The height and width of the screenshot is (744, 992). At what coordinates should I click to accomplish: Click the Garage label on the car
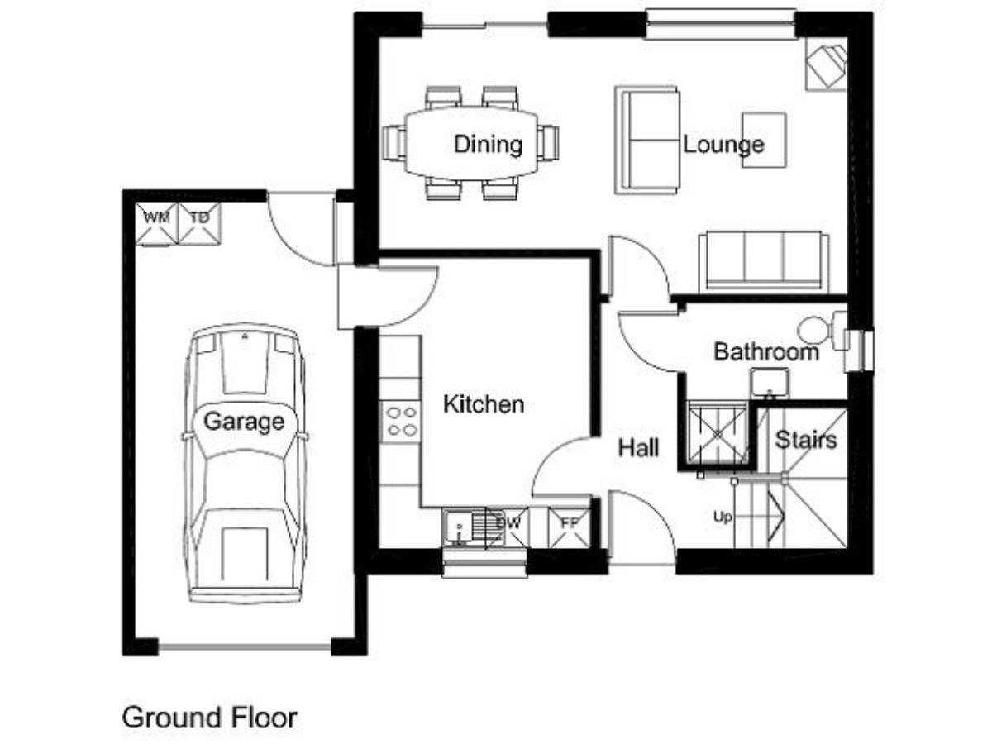(244, 422)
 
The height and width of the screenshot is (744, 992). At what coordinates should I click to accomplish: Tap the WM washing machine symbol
(157, 224)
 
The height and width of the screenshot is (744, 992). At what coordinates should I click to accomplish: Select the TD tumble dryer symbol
(200, 224)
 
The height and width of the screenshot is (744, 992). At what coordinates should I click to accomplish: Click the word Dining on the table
(488, 145)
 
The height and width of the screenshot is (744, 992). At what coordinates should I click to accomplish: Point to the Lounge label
(724, 145)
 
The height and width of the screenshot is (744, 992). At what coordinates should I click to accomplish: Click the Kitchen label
(484, 404)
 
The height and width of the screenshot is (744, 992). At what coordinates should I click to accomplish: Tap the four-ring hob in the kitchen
(401, 422)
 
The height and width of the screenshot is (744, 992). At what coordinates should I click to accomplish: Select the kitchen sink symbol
(473, 527)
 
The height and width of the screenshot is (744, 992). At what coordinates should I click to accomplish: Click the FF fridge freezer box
(570, 527)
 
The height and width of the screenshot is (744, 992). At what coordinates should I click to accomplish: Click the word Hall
(638, 448)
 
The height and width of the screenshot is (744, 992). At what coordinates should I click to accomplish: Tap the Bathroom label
(766, 352)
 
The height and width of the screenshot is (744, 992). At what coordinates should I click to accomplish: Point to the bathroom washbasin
(770, 383)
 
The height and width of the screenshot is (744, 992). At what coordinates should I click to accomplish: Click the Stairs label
(806, 440)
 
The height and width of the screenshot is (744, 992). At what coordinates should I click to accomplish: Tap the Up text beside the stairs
(723, 517)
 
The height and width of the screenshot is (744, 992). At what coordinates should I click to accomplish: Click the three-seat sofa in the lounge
(764, 261)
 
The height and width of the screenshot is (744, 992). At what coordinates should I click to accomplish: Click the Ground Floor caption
(210, 718)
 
